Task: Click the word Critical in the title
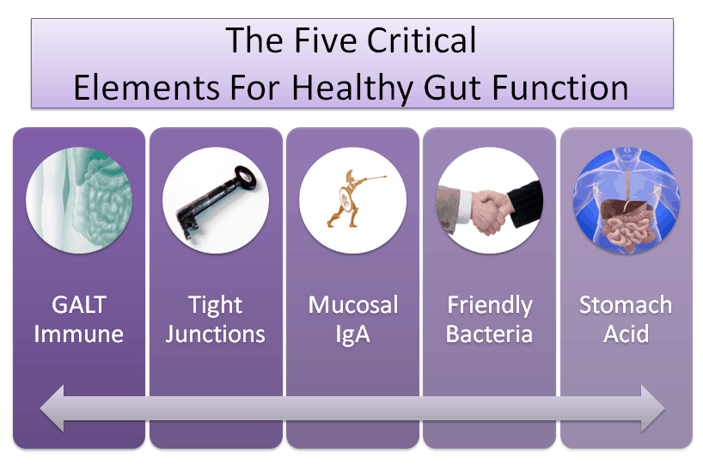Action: point(421,40)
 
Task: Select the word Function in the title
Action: point(560,88)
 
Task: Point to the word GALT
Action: point(79,305)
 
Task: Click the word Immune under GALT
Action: point(78,334)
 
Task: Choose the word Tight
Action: point(215,306)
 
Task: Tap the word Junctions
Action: point(215,335)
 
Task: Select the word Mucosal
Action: point(353,305)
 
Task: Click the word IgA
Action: point(353,335)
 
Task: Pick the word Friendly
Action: point(490,306)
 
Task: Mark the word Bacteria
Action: point(489,334)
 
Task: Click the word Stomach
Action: point(626,305)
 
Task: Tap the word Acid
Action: point(626,334)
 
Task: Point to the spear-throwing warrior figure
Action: point(352,199)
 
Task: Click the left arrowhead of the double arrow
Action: point(52,408)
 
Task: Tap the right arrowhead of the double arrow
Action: point(653,408)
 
